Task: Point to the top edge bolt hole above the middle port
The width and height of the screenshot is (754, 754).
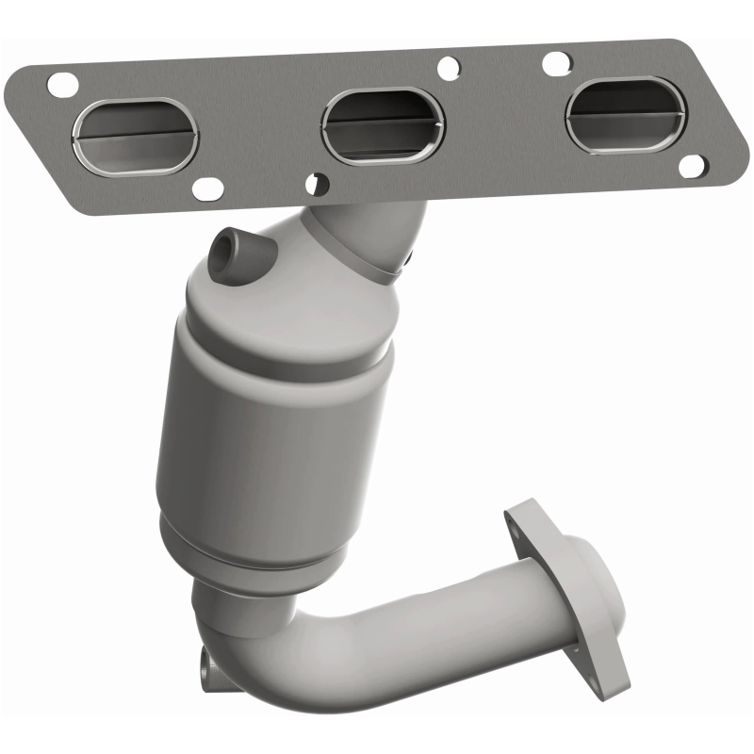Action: point(450,67)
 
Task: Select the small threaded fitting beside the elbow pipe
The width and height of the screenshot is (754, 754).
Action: point(206,670)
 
